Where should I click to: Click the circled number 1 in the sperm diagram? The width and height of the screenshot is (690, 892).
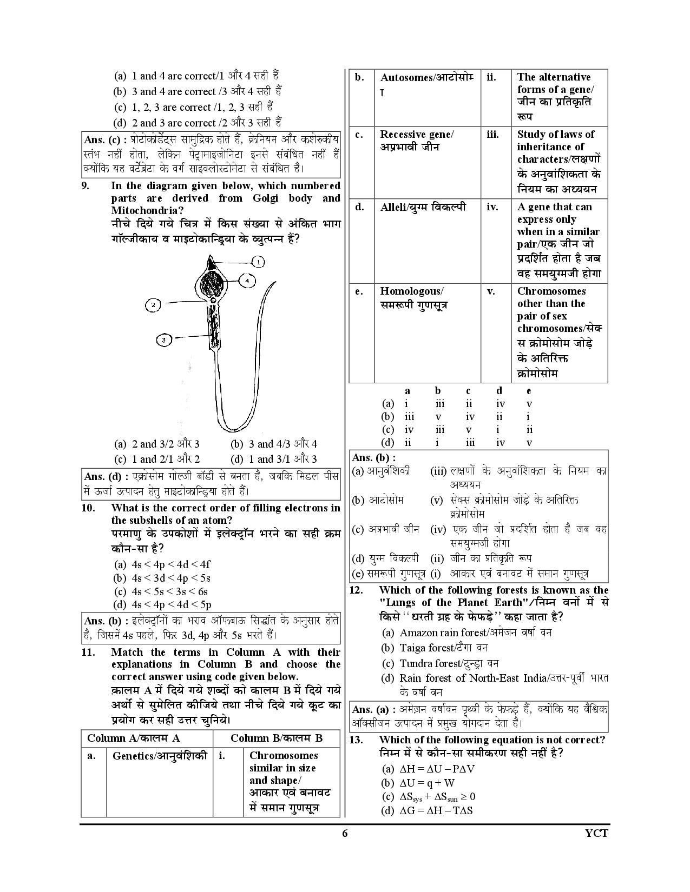[259, 262]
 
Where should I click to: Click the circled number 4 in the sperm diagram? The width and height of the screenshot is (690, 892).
[247, 281]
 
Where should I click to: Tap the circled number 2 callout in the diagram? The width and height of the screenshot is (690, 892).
[153, 305]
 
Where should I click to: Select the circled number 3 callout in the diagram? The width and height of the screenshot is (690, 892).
[164, 340]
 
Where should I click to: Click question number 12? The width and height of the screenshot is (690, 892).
[356, 590]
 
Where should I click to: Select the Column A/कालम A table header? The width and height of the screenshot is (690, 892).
[134, 738]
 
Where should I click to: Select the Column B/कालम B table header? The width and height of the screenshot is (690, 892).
[277, 738]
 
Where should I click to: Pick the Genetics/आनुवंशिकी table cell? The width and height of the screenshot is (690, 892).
[160, 756]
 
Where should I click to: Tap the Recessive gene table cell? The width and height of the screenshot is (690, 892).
[417, 141]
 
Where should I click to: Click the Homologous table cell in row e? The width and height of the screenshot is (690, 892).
[414, 298]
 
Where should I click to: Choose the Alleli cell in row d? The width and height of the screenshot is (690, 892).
[423, 207]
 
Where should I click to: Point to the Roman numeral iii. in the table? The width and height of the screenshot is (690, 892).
[492, 135]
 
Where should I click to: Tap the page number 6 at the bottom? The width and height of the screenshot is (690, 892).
[345, 833]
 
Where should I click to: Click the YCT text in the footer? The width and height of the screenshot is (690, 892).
[597, 833]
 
